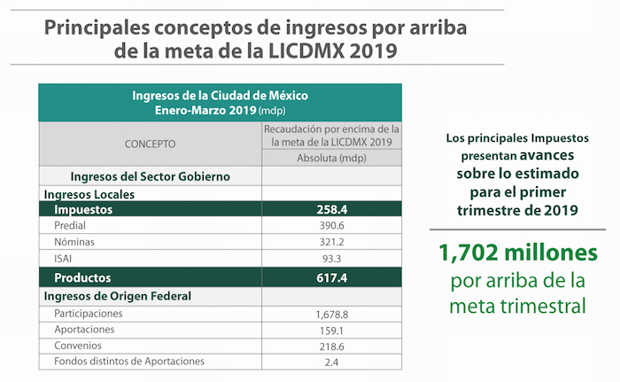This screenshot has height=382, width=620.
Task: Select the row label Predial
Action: [71, 226]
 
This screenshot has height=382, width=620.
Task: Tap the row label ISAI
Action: [65, 259]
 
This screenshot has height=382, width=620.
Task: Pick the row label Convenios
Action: [78, 346]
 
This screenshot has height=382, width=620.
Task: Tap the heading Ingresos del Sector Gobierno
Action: [151, 176]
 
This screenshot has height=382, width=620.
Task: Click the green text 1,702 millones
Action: [518, 255]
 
